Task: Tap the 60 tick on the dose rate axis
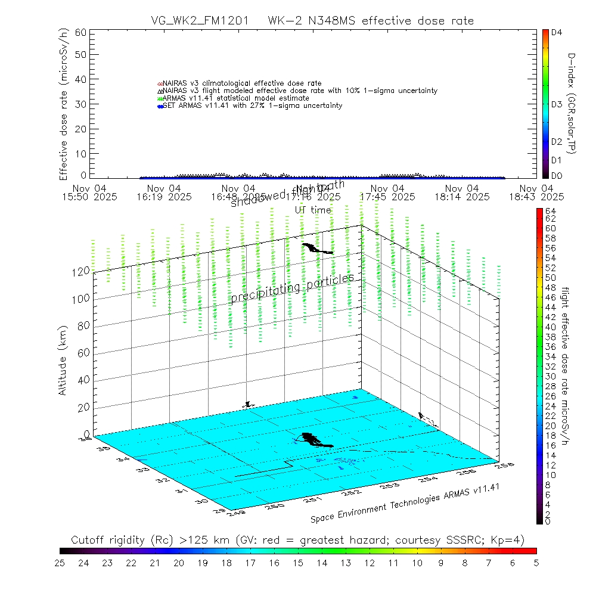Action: [x=80, y=32]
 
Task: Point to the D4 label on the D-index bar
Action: [x=557, y=33]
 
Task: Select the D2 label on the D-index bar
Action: [x=557, y=142]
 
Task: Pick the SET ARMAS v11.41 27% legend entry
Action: [x=250, y=106]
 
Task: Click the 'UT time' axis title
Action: [x=313, y=210]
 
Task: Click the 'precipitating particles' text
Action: [x=292, y=288]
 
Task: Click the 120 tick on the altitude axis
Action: [x=81, y=271]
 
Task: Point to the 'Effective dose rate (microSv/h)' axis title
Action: [x=63, y=104]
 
